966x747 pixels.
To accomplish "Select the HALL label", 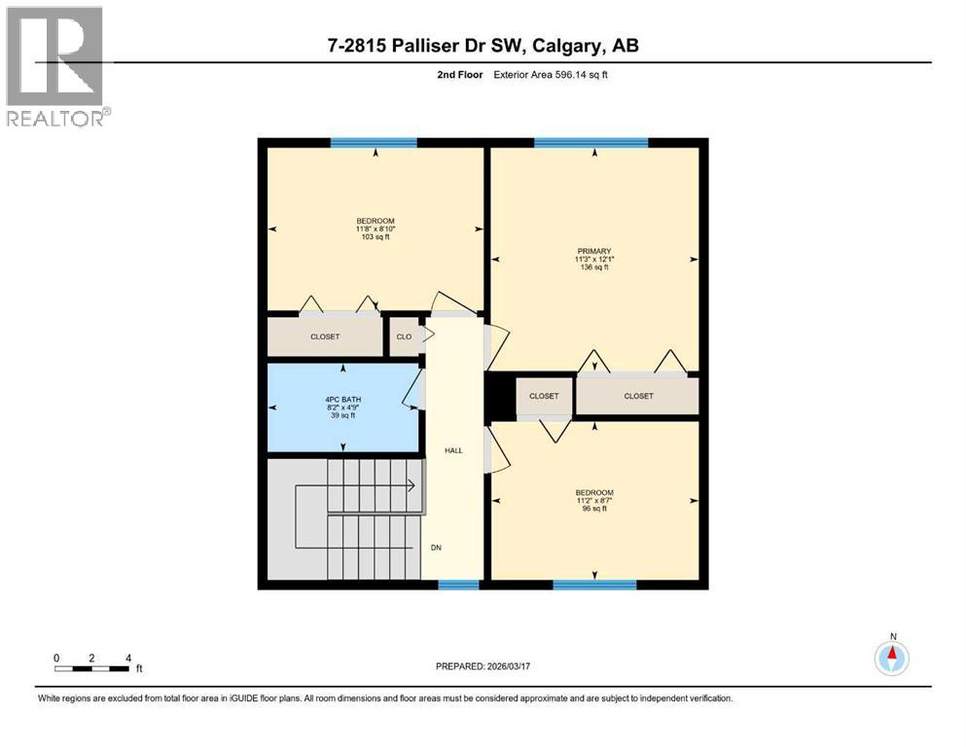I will pyautogui.click(x=453, y=450).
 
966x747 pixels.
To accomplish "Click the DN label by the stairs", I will pyautogui.click(x=438, y=547).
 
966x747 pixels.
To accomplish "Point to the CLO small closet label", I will pyautogui.click(x=404, y=338).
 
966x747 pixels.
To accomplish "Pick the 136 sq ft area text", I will pyautogui.click(x=593, y=267).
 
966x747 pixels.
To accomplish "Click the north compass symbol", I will pyautogui.click(x=891, y=658).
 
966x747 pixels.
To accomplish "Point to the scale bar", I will pyautogui.click(x=92, y=668).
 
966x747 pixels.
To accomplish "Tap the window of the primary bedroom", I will pyautogui.click(x=590, y=143).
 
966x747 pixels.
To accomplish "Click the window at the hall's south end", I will pyautogui.click(x=458, y=585).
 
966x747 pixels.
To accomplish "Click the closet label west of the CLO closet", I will pyautogui.click(x=326, y=338).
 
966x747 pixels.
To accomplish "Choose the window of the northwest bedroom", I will pyautogui.click(x=374, y=143).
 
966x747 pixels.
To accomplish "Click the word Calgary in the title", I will pyautogui.click(x=571, y=45).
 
